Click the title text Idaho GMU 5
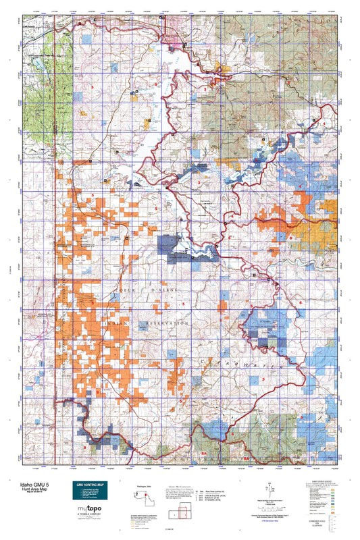coord(25,485)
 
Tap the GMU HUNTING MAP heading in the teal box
coord(90,485)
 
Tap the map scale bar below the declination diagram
coord(270,512)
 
